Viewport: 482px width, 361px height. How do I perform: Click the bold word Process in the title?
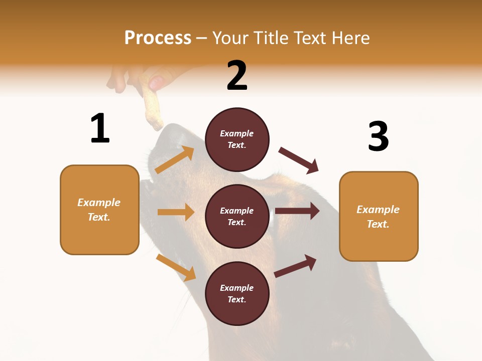(158, 38)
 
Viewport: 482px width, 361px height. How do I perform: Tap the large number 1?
(100, 128)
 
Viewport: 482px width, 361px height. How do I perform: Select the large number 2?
(237, 75)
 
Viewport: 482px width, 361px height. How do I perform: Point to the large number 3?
(378, 136)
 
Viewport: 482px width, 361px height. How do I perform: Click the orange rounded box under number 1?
(99, 210)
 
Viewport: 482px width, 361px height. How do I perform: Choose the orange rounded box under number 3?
(379, 216)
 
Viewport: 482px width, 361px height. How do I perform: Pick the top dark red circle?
(237, 139)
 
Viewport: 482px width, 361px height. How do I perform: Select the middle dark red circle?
(237, 216)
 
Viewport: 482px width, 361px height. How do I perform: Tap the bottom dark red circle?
(237, 293)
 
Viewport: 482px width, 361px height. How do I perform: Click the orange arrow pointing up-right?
(175, 160)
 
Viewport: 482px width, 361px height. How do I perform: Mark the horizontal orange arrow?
(176, 212)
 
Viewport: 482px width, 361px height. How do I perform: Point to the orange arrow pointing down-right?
(176, 267)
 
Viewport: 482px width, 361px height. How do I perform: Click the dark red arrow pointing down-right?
(299, 160)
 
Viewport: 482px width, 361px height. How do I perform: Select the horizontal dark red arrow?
(297, 211)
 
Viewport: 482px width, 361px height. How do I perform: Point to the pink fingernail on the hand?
(157, 83)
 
